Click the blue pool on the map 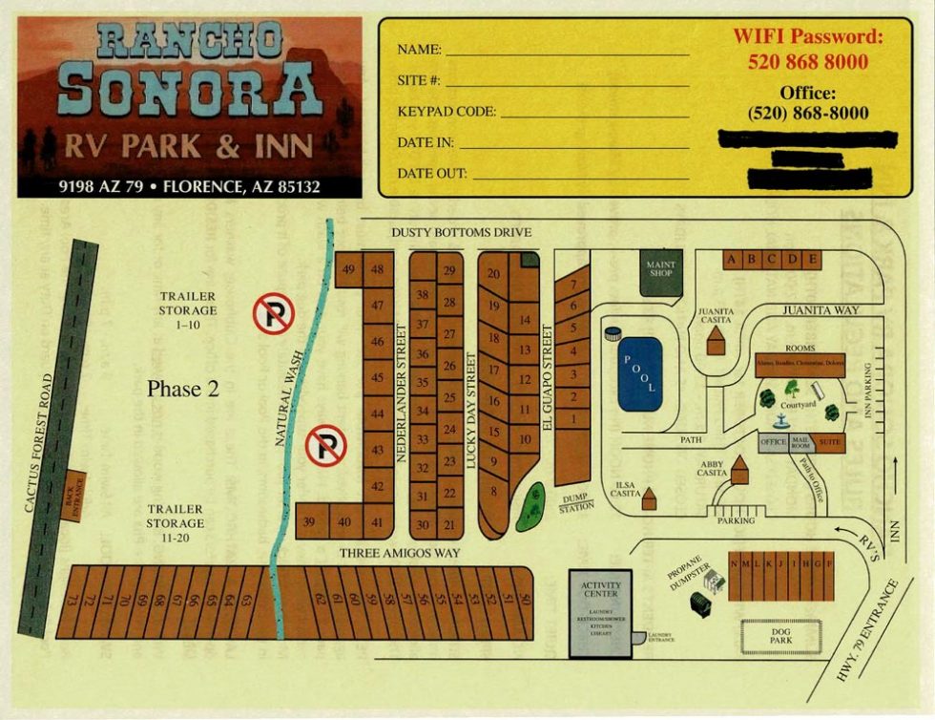pyautogui.click(x=639, y=373)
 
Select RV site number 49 pyautogui.click(x=348, y=269)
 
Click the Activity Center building pyautogui.click(x=601, y=613)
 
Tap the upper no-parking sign pyautogui.click(x=274, y=313)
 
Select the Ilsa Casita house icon pyautogui.click(x=649, y=498)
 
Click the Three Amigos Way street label pyautogui.click(x=401, y=553)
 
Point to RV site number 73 pyautogui.click(x=71, y=602)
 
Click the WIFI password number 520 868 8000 pyautogui.click(x=807, y=62)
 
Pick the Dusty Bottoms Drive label pyautogui.click(x=461, y=233)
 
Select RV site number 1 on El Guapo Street pyautogui.click(x=572, y=418)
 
